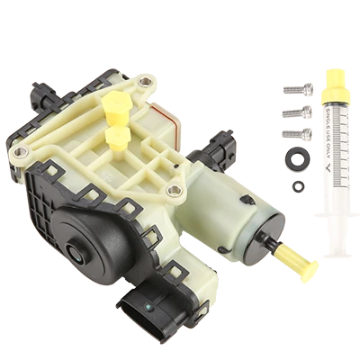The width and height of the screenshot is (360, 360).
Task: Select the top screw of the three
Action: [x=293, y=94]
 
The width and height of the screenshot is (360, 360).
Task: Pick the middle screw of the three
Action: [x=293, y=115]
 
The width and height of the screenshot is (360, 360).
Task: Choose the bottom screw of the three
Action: [x=293, y=135]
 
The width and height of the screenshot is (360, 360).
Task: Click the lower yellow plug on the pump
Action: [x=114, y=137]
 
